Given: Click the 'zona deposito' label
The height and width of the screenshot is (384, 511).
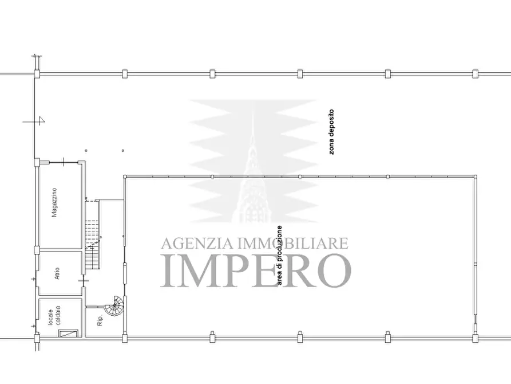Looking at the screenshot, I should pos(331,132).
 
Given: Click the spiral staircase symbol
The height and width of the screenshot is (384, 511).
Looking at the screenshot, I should pos(117,306).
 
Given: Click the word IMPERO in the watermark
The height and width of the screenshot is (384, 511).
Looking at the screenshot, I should pos(256,270).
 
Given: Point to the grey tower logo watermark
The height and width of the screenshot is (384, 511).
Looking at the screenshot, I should pos(253,160).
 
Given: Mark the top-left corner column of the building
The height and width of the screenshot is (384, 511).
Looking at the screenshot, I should pos(37,74).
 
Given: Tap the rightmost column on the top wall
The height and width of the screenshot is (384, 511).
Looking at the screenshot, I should pos(475,73).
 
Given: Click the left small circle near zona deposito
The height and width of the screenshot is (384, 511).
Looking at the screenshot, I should pos(86,151).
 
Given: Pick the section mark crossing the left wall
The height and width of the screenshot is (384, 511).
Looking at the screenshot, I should pos(38,121).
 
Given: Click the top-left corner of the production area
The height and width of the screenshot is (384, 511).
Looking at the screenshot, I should pos(125,177).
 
